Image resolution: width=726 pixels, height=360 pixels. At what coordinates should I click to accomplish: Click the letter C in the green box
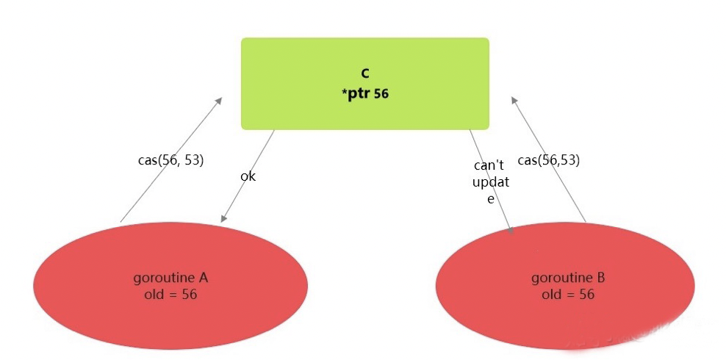tap(364, 73)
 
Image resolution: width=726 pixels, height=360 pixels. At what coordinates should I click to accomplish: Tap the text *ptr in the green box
tap(356, 93)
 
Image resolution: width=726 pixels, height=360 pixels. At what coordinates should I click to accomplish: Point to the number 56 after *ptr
tap(381, 94)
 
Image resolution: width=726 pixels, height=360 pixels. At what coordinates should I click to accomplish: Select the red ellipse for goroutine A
tap(170, 316)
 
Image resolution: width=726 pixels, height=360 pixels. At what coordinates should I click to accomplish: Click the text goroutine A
tap(170, 278)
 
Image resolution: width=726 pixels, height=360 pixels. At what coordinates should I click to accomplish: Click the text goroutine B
tap(568, 278)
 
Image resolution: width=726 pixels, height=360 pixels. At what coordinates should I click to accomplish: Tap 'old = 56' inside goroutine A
tap(170, 295)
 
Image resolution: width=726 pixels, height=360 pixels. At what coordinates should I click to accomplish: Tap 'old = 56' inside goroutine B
tap(568, 295)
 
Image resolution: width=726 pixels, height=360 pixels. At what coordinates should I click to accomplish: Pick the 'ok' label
tap(248, 177)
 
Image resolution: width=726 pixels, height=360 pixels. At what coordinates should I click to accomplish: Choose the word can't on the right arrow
tap(488, 166)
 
